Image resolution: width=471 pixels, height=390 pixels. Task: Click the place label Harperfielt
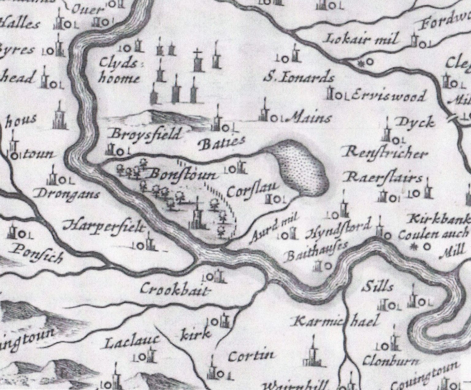[x=103, y=227]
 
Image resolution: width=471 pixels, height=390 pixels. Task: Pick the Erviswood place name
[x=389, y=96]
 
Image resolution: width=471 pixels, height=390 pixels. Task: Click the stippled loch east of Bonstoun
[x=302, y=167]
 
